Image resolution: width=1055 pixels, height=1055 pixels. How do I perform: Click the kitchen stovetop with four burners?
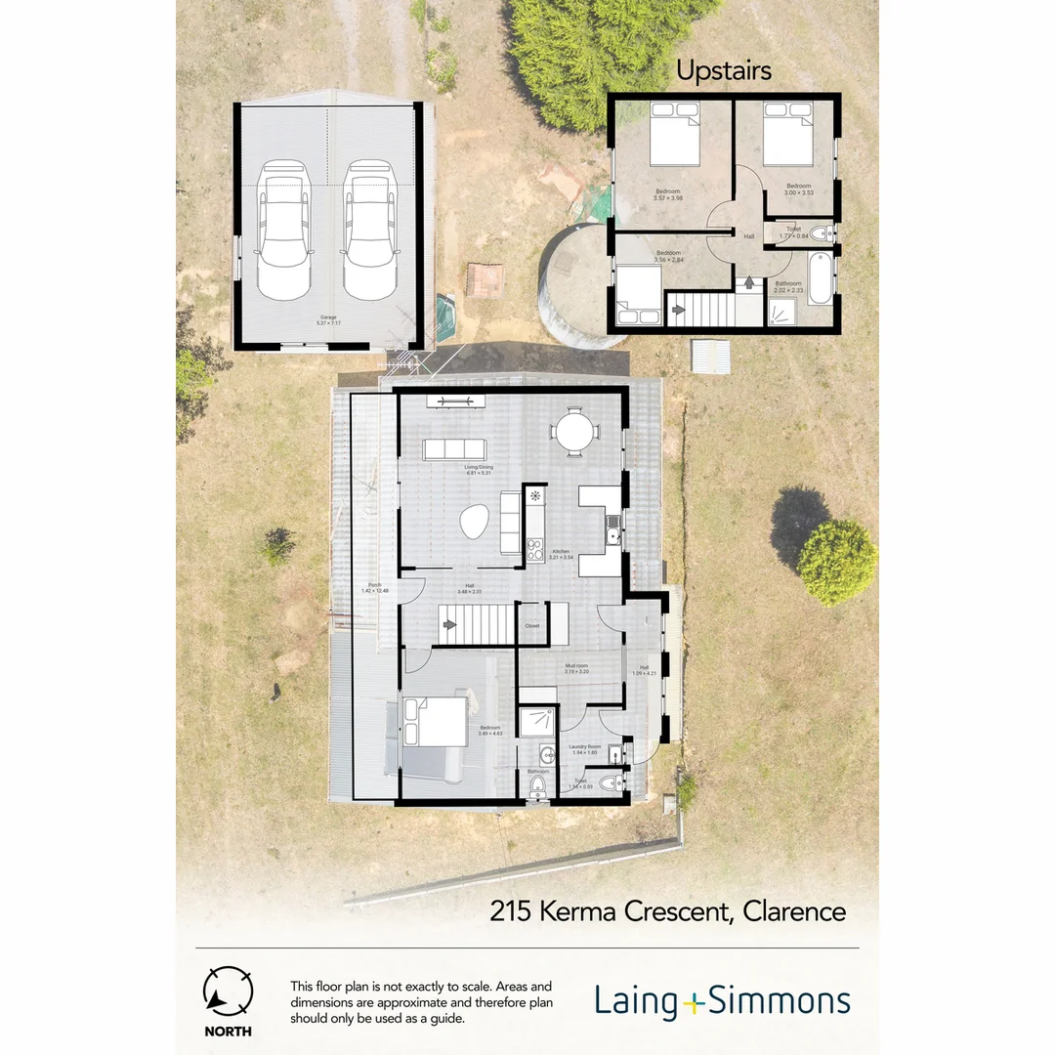click(x=535, y=550)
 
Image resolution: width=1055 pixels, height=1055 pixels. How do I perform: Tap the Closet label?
click(x=531, y=626)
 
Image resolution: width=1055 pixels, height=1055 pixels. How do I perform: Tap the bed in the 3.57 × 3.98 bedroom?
click(x=675, y=134)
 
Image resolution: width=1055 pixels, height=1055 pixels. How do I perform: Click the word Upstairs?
click(x=724, y=71)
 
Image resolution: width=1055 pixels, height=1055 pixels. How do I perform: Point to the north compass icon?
click(x=228, y=992)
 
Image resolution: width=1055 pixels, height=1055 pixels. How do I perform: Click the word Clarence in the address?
click(x=794, y=912)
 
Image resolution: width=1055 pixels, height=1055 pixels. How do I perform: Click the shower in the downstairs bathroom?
click(x=537, y=721)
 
